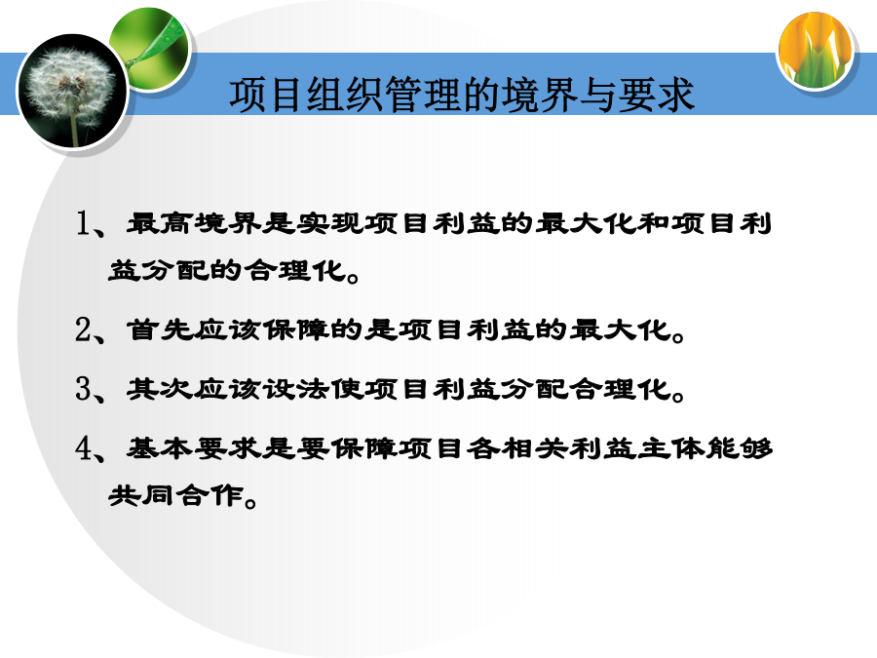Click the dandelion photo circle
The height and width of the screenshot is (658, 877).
click(x=73, y=91)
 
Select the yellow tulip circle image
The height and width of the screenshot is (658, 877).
click(x=816, y=52)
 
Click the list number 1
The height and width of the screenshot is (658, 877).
click(x=84, y=223)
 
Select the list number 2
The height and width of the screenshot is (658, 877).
click(x=84, y=329)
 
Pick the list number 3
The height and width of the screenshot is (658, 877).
click(x=84, y=388)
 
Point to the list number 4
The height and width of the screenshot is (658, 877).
click(x=84, y=447)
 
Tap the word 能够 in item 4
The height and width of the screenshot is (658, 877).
click(x=739, y=447)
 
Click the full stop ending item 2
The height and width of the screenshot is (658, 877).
click(x=679, y=337)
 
